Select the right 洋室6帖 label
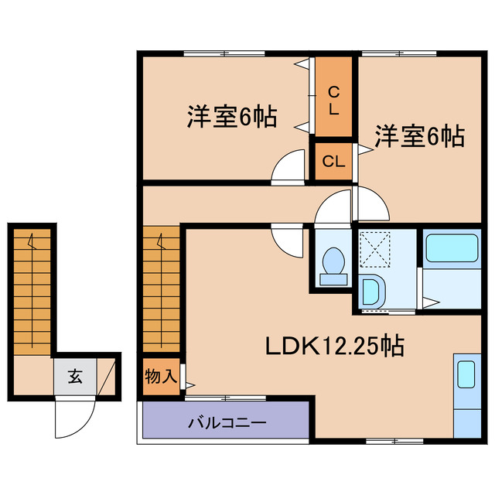coord(419,137)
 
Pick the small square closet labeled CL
coord(333,162)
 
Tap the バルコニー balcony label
coord(227,423)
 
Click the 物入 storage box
coord(162,377)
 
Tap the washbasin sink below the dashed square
coord(371,292)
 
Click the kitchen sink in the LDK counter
coord(466,373)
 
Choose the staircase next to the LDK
coord(161,289)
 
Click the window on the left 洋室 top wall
coord(224,53)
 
